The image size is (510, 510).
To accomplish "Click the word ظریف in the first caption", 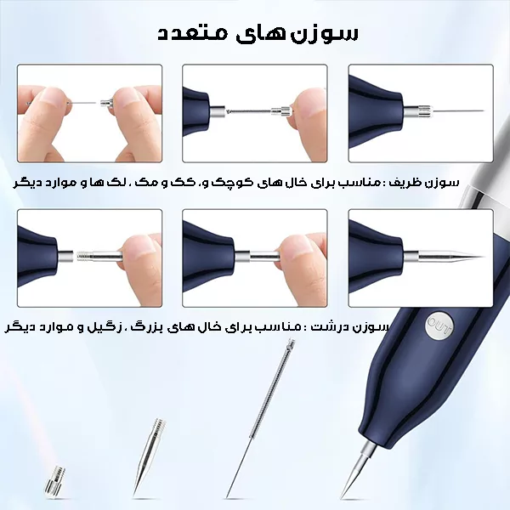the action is tap(409, 183).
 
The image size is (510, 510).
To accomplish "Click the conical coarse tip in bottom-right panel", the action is tap(450, 257).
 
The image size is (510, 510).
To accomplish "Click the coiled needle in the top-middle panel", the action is tap(251, 111).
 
